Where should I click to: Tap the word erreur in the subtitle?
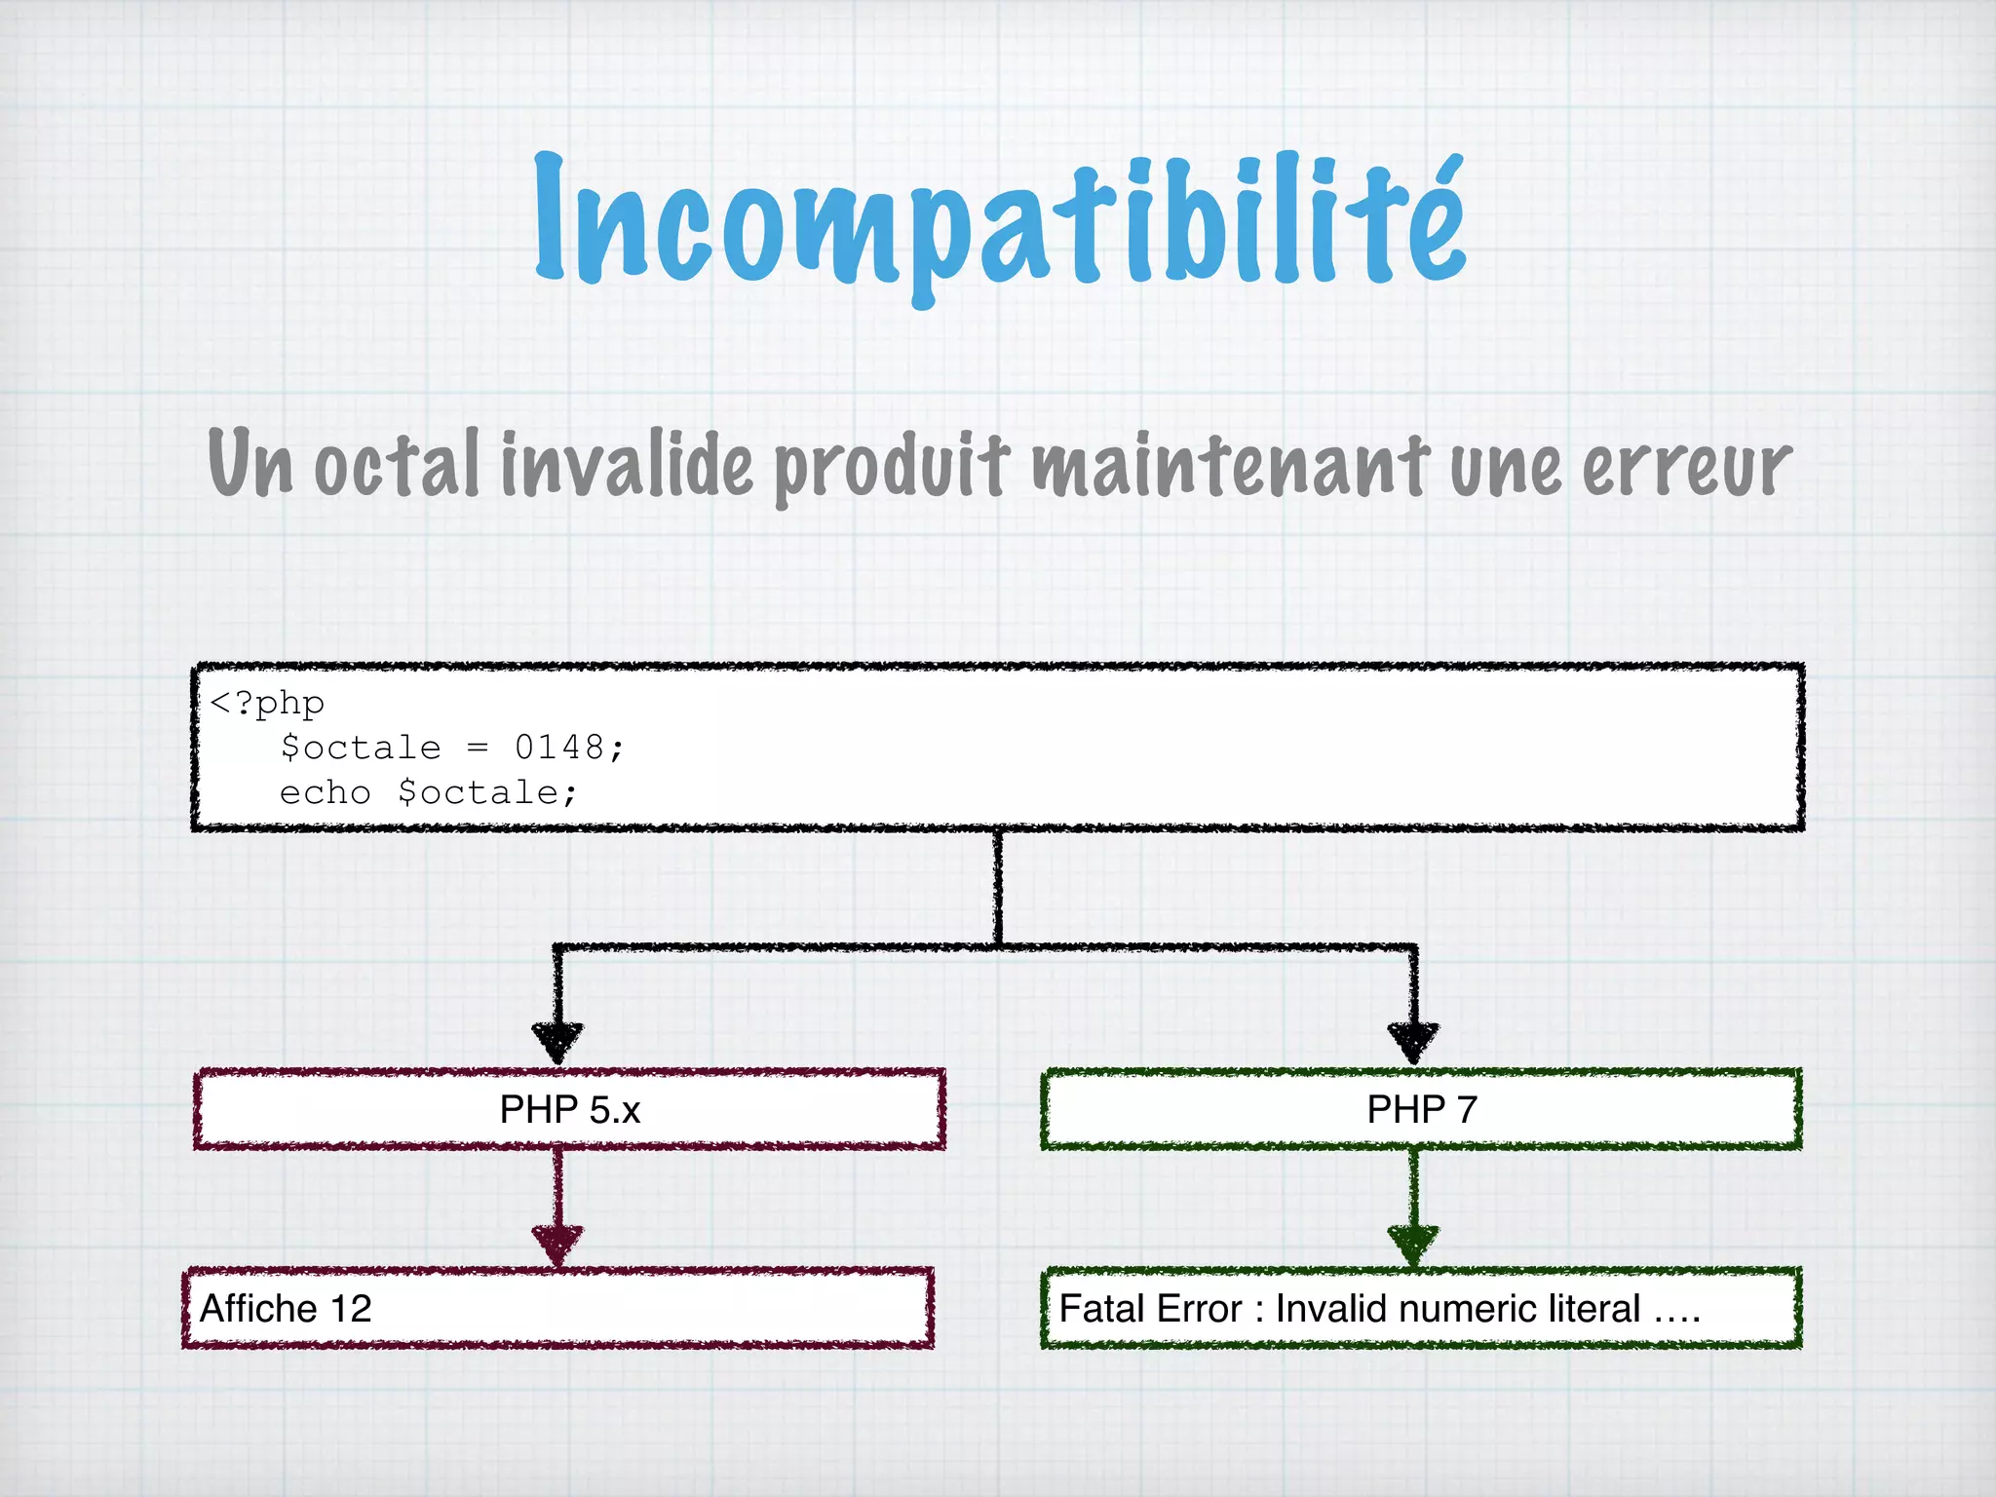[x=1686, y=466]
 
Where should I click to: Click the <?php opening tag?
[x=267, y=703]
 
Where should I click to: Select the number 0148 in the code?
[x=559, y=748]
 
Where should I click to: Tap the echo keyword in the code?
[x=325, y=792]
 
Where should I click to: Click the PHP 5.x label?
[x=570, y=1109]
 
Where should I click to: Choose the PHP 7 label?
[x=1422, y=1109]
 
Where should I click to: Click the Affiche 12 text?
[x=286, y=1308]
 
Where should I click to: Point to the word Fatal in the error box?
[x=1095, y=1308]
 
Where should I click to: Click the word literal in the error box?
[x=1581, y=1308]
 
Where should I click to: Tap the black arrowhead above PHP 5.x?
[x=557, y=1041]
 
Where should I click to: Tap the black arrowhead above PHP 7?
[x=1413, y=1041]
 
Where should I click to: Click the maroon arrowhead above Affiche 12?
[x=557, y=1244]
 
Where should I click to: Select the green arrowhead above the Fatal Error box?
[x=1413, y=1244]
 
